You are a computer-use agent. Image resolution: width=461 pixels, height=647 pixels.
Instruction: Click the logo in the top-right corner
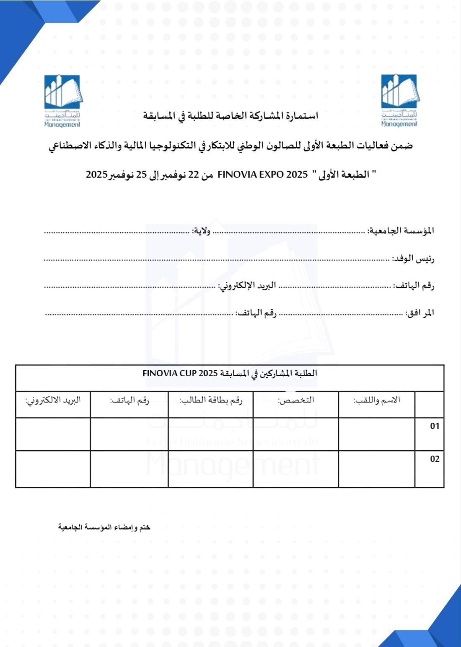[x=399, y=100]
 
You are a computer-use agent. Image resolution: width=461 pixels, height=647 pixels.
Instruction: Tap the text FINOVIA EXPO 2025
[x=262, y=174]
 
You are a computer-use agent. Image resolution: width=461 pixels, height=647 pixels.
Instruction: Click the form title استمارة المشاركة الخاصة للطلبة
[x=230, y=115]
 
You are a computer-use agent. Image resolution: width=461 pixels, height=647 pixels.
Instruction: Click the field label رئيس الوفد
[x=413, y=258]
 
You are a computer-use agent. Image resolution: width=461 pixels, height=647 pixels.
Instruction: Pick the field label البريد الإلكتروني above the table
[x=247, y=286]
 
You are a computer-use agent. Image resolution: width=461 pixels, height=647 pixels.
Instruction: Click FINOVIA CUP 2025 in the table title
[x=180, y=373]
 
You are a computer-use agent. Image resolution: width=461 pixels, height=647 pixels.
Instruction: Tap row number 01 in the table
[x=435, y=426]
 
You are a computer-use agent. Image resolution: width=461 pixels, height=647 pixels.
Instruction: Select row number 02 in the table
[x=435, y=459]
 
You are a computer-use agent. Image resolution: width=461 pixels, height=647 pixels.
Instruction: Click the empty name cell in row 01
[x=376, y=434]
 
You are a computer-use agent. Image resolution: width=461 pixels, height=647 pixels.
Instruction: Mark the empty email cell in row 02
[x=53, y=469]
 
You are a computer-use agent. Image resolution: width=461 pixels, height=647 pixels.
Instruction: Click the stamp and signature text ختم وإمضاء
[x=104, y=527]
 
